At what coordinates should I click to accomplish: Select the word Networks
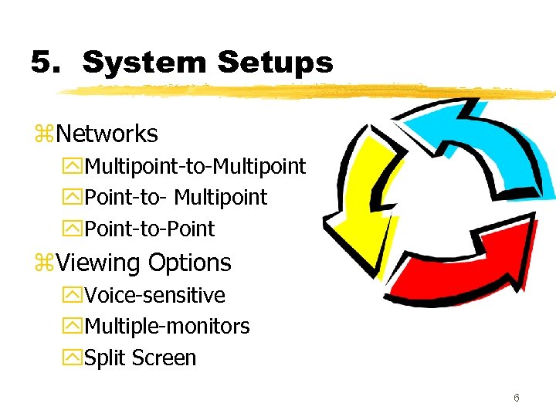click(x=107, y=134)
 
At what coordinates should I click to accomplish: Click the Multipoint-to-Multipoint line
click(x=195, y=166)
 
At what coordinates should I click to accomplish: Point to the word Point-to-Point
click(x=149, y=229)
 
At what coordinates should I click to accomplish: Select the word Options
click(x=189, y=263)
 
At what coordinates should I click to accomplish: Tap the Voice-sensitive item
click(x=154, y=296)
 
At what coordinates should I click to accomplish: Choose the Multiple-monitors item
click(x=167, y=327)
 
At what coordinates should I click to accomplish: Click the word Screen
click(x=164, y=358)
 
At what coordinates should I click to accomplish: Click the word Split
click(x=105, y=358)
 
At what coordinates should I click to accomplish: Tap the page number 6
click(x=516, y=398)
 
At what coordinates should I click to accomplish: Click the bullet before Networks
click(x=43, y=135)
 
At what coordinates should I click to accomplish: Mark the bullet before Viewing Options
click(x=43, y=264)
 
